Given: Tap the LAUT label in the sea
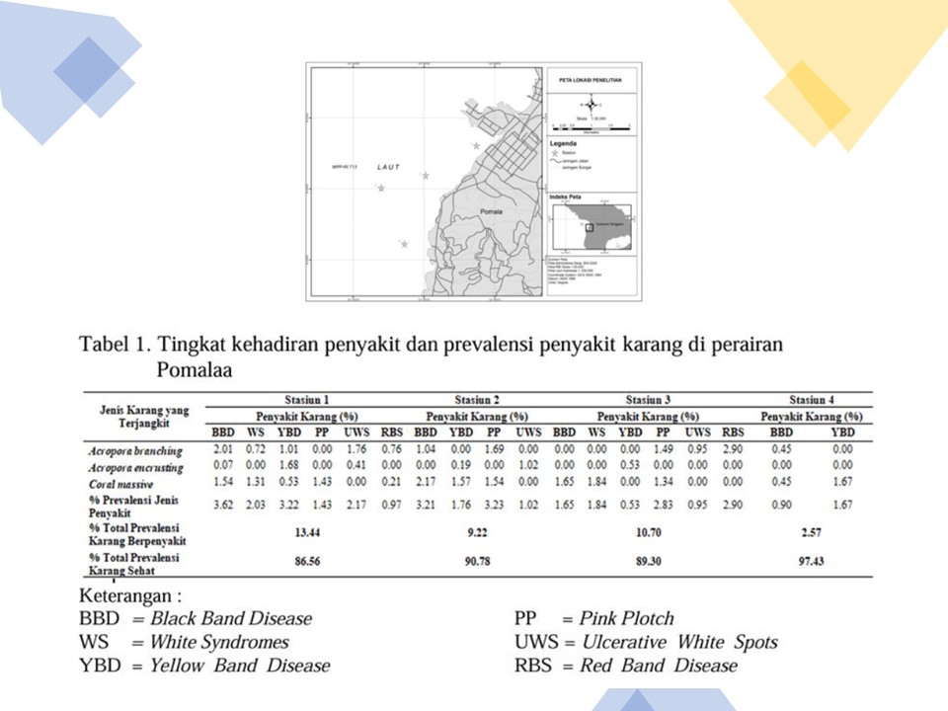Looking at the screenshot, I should click(x=389, y=168).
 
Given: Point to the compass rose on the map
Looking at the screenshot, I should click(x=592, y=104).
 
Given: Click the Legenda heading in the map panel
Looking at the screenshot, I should click(x=563, y=142).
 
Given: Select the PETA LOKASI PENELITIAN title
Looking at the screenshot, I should click(x=591, y=78).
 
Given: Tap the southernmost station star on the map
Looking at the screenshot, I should click(x=404, y=244).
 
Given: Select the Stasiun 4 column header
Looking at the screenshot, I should click(x=812, y=400).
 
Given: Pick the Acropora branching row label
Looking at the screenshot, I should click(x=134, y=450).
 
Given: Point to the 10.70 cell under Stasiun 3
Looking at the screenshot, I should click(x=644, y=533).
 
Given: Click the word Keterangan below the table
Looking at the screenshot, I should click(x=130, y=596).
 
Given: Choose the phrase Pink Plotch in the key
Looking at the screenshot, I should click(x=626, y=619).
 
